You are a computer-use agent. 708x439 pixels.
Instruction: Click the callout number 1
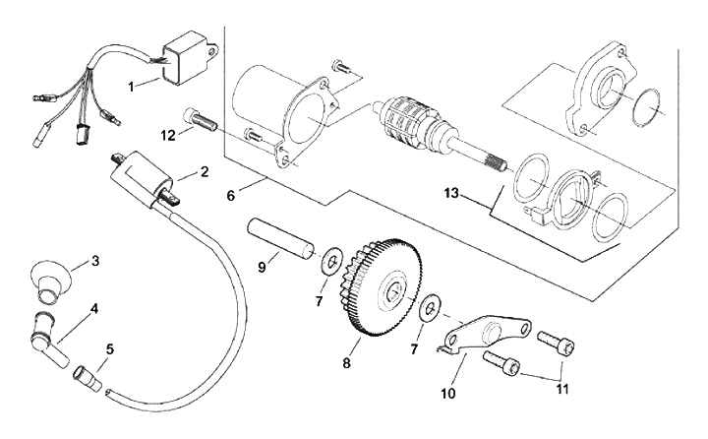[132, 87]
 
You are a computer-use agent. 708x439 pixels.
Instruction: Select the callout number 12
[168, 135]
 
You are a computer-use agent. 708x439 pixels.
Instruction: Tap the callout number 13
[451, 194]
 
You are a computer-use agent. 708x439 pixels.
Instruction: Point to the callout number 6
[231, 196]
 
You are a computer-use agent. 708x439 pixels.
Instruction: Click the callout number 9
[262, 267]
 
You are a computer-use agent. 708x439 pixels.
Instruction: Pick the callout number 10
[448, 393]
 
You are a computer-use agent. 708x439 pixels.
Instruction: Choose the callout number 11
[562, 389]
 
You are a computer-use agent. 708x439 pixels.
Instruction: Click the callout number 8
[347, 362]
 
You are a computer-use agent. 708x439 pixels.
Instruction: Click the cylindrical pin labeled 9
[280, 239]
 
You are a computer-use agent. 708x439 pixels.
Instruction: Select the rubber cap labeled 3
[50, 278]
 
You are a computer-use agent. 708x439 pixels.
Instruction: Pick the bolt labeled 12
[201, 120]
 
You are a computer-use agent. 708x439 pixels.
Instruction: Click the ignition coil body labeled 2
[141, 180]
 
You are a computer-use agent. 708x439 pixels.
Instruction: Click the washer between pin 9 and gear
[331, 261]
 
